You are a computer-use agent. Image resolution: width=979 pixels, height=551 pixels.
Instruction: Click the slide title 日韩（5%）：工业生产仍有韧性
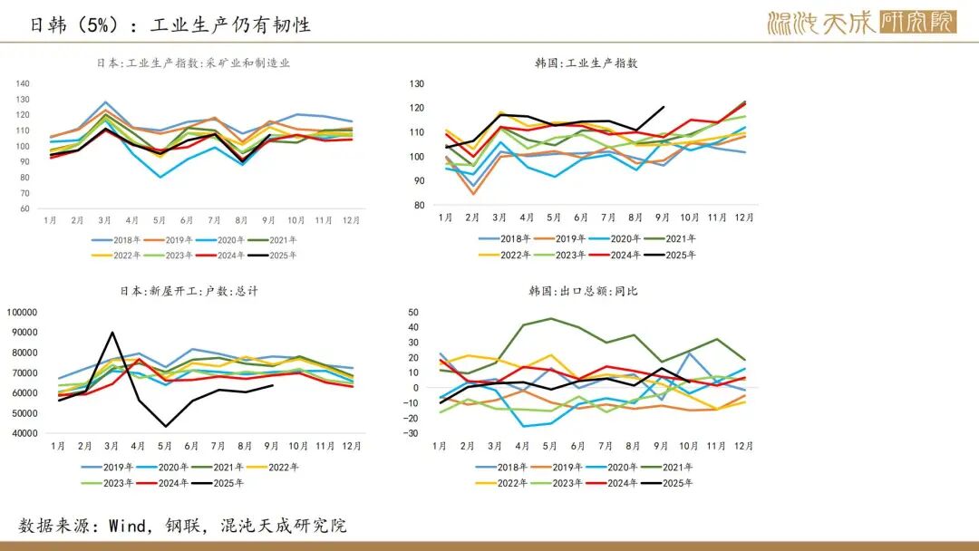(x=170, y=24)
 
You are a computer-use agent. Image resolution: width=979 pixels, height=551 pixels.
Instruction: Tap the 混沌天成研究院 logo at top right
(x=861, y=23)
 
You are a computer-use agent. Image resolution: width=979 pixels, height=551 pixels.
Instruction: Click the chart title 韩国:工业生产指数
(x=586, y=63)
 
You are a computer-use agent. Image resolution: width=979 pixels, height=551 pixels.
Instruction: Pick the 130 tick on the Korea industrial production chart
(x=417, y=83)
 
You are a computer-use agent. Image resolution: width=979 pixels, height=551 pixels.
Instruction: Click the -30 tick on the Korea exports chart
(x=412, y=433)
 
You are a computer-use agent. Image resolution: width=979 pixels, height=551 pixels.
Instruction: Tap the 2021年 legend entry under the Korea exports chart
(x=683, y=468)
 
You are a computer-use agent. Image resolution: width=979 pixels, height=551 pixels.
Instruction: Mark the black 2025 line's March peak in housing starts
(x=111, y=332)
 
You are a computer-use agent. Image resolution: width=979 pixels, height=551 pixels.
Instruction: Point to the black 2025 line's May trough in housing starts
(x=166, y=426)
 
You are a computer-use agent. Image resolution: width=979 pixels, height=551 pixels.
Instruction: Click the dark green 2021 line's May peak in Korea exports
(x=550, y=318)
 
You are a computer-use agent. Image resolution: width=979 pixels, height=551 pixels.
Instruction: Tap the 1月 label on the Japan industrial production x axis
(x=51, y=220)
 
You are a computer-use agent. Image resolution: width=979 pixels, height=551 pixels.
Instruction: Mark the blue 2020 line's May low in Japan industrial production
(x=160, y=177)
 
